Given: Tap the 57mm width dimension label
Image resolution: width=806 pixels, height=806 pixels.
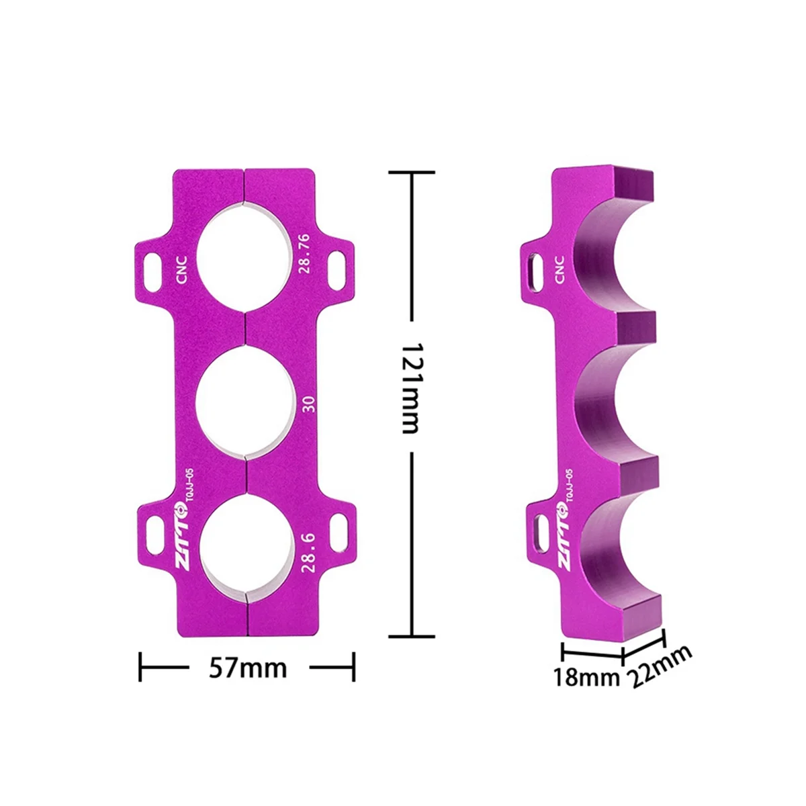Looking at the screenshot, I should point(248,668).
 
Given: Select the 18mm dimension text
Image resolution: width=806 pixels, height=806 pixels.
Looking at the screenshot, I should point(586,677).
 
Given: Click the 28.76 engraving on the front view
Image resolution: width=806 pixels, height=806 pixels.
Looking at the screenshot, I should point(304,253).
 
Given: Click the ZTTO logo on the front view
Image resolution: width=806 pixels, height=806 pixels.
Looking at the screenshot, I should point(183,537).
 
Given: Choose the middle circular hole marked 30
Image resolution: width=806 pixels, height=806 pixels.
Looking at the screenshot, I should point(245,403).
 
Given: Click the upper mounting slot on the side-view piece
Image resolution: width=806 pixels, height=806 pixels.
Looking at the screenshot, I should point(535,271).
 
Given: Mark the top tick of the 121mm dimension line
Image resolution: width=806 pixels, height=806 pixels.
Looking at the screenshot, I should point(411,172).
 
